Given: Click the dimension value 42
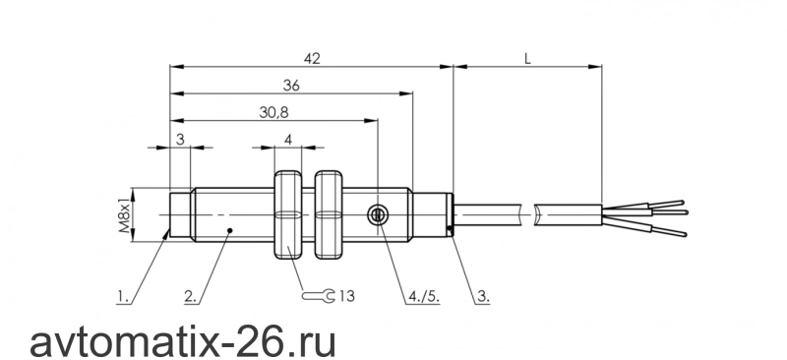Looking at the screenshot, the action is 312,59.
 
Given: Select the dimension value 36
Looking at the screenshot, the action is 291,86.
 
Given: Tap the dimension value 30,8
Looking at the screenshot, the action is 274,113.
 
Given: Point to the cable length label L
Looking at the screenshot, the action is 527,59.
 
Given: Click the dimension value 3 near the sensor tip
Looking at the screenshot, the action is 181,140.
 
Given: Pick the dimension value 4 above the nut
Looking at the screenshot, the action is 288,140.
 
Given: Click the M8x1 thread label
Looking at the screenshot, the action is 125,214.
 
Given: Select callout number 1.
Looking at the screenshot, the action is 123,297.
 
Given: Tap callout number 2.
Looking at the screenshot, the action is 191,297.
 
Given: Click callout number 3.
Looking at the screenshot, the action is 483,297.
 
